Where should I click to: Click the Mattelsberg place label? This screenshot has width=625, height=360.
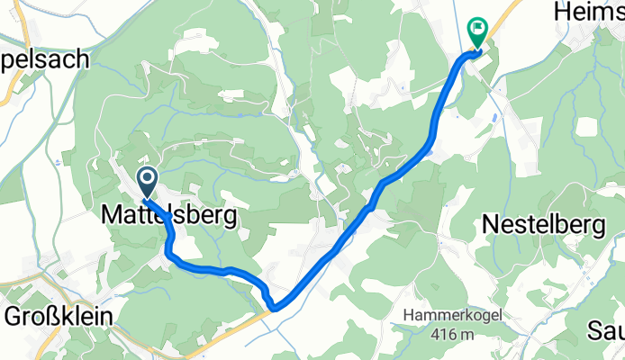[169, 216]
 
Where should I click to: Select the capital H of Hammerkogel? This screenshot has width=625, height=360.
[408, 316]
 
